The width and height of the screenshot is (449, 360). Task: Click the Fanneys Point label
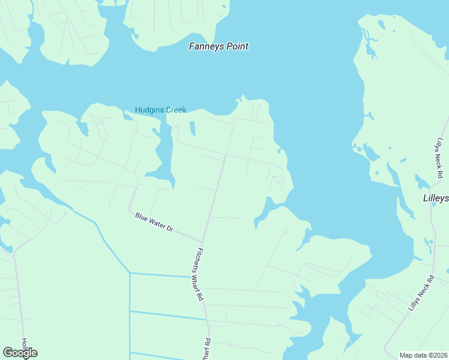[218, 46]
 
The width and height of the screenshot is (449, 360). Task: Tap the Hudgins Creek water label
[160, 110]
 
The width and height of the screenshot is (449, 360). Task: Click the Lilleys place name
[435, 198]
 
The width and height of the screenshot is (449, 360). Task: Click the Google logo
[20, 353]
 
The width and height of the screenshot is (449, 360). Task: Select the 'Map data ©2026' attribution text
[423, 355]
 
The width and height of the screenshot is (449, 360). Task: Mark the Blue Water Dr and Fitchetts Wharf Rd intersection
[202, 242]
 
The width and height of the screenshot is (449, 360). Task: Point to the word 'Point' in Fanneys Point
[236, 46]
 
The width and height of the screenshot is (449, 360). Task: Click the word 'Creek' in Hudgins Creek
[175, 110]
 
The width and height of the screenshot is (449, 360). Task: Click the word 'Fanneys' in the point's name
[205, 46]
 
